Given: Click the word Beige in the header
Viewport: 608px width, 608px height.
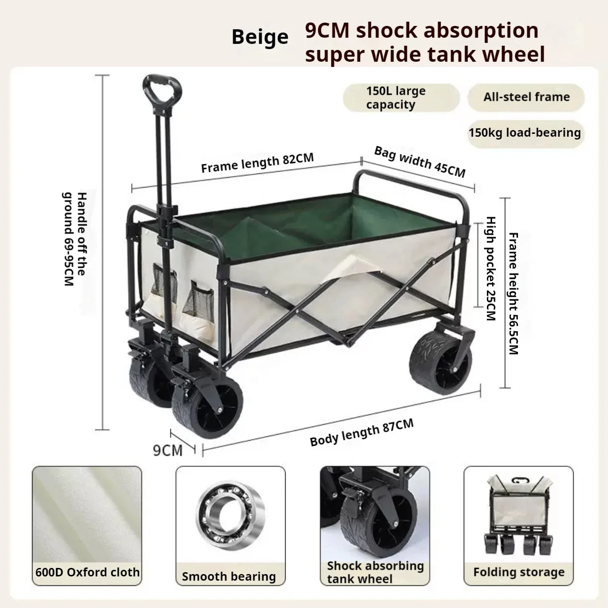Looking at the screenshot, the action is (x=260, y=37).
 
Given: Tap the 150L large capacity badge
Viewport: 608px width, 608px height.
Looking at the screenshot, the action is (x=400, y=98).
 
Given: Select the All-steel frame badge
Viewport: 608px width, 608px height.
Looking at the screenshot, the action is (x=526, y=97).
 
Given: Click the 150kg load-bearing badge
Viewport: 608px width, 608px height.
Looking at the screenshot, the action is (x=524, y=132).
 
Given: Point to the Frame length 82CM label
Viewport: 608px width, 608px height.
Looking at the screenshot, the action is (x=257, y=163).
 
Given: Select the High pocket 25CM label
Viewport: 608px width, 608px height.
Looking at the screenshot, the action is (x=491, y=268).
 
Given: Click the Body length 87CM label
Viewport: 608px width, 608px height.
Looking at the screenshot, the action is (x=362, y=432).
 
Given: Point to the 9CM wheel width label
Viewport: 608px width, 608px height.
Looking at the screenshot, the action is (x=167, y=450).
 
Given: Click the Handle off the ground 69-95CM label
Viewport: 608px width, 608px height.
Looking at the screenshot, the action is (x=75, y=239).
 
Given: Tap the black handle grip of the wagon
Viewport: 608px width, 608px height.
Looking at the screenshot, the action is (x=162, y=90).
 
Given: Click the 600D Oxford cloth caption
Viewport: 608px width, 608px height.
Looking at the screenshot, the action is (x=87, y=572).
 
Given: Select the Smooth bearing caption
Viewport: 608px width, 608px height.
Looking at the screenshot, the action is (x=229, y=576).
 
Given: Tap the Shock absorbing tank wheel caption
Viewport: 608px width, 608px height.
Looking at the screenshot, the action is (x=375, y=572).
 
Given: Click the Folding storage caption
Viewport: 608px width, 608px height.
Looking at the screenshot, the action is (x=518, y=572).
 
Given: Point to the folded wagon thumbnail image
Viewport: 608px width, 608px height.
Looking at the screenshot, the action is (x=519, y=514).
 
